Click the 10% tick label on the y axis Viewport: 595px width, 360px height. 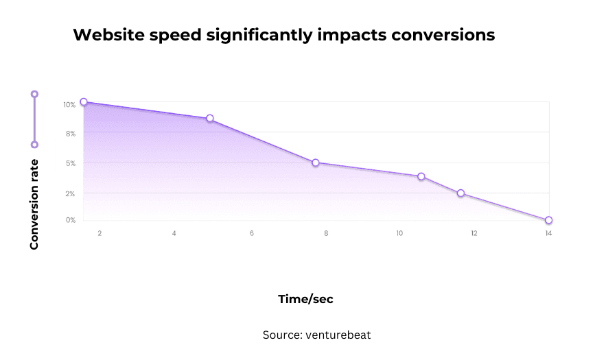click(69, 105)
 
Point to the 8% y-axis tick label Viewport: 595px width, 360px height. click(71, 134)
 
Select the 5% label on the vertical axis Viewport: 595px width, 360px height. click(71, 164)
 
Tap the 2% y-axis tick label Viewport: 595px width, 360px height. click(71, 194)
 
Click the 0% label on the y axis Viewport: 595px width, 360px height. click(71, 220)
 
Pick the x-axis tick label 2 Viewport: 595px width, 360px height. click(100, 234)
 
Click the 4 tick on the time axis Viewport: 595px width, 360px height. click(174, 234)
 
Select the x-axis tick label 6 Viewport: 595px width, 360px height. click(252, 234)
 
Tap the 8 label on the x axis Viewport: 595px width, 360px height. click(326, 234)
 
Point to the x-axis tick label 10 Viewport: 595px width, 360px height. click(399, 234)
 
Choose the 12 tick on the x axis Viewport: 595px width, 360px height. click(474, 234)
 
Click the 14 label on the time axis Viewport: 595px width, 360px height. click(548, 234)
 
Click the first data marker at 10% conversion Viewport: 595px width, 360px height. click(84, 102)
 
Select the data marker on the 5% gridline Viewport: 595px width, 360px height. click(316, 163)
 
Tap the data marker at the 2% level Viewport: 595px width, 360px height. click(460, 193)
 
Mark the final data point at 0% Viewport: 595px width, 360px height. click(548, 220)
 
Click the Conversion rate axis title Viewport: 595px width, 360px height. click(34, 204)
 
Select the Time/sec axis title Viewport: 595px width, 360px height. click(305, 299)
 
